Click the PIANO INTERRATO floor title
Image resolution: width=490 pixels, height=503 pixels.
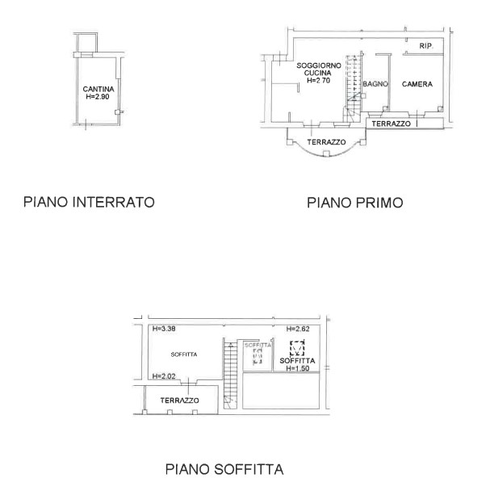[x=89, y=202]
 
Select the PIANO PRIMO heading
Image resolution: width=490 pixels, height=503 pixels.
[x=355, y=203]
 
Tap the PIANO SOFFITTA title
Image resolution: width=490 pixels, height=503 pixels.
[x=224, y=469]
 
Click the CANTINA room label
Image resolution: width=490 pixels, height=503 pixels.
[x=98, y=89]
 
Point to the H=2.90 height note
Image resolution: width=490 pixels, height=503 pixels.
[x=98, y=97]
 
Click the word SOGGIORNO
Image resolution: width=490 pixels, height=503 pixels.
[x=319, y=65]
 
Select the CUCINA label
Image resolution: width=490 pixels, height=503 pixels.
[x=318, y=73]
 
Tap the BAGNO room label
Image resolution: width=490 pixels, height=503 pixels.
[x=375, y=84]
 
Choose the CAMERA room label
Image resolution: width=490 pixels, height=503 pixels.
[x=417, y=84]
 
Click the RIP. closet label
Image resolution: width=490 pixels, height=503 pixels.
[x=426, y=46]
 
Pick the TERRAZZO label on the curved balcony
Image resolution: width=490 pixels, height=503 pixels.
[x=326, y=142]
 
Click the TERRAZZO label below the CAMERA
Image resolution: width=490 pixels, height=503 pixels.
[x=392, y=124]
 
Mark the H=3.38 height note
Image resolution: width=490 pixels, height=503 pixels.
[x=164, y=329]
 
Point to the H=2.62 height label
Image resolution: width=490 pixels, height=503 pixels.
[x=298, y=329]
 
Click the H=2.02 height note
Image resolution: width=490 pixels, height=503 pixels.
[x=164, y=376]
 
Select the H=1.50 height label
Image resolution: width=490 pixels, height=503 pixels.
[x=298, y=368]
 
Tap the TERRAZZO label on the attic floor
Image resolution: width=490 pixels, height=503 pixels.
[x=179, y=400]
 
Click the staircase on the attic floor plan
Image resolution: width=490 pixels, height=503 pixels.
[x=230, y=375]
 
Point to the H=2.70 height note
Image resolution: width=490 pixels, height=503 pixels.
[x=318, y=80]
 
